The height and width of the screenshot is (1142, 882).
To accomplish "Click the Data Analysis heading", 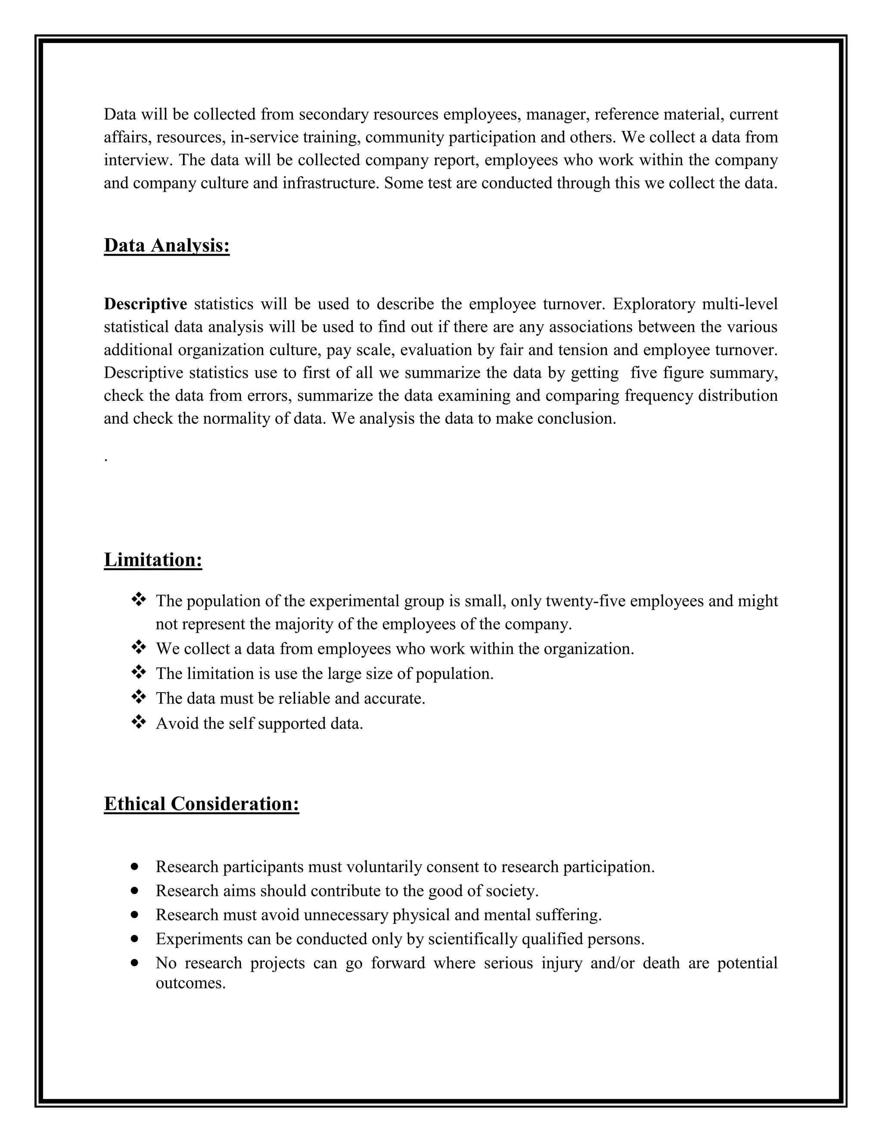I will click(167, 245).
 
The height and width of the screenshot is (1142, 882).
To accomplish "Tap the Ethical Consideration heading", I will click(201, 804).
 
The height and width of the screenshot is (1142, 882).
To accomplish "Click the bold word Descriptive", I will click(145, 304).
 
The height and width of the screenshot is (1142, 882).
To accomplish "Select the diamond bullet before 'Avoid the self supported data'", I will click(139, 723).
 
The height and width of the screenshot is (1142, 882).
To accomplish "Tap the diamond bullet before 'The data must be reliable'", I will click(139, 698).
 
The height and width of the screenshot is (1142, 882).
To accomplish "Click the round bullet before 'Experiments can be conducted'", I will click(135, 939).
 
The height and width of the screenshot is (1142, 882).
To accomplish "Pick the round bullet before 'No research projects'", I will click(135, 962).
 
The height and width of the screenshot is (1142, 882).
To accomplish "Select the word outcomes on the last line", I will click(190, 983).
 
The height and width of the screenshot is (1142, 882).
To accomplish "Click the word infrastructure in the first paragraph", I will click(330, 183).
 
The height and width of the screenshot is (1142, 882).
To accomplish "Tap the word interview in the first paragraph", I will click(137, 160).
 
